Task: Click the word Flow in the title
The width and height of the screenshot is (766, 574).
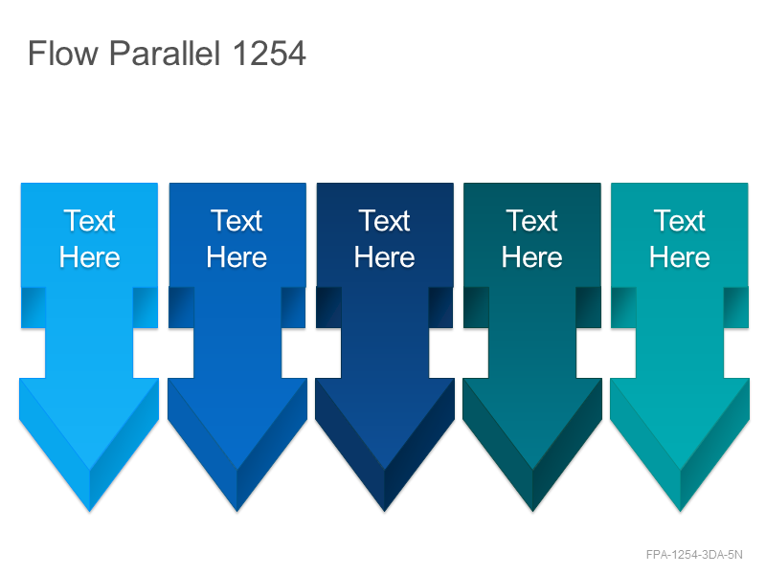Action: (x=63, y=53)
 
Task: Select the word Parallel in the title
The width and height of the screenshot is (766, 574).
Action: (x=165, y=53)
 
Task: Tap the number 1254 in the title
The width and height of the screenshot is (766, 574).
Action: (x=269, y=53)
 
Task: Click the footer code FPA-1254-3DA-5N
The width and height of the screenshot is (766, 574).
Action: (x=694, y=555)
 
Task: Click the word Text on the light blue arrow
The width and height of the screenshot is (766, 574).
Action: (x=89, y=221)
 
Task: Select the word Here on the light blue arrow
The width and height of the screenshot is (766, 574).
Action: (x=89, y=256)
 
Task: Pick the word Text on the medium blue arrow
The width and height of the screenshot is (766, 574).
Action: (x=237, y=221)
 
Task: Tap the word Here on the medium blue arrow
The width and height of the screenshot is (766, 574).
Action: (x=237, y=256)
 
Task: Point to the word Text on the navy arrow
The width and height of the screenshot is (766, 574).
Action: (x=385, y=221)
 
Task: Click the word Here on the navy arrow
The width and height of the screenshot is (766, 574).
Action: (x=385, y=256)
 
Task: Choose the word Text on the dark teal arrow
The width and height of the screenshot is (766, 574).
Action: (x=532, y=221)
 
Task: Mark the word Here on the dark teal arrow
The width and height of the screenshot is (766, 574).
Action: (x=532, y=256)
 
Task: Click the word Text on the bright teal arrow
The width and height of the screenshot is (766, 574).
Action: (x=680, y=221)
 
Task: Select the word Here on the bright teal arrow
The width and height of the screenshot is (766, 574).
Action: (x=680, y=256)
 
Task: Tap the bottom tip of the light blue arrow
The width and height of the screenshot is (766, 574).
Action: (x=89, y=511)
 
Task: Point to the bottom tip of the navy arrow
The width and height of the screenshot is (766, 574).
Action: (x=385, y=511)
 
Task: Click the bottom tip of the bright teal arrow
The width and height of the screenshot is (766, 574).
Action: (x=680, y=511)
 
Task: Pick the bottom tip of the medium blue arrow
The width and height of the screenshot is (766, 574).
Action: (x=237, y=511)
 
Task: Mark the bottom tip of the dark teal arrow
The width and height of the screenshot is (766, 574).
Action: (x=532, y=511)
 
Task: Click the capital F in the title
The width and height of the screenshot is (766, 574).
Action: (x=36, y=53)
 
